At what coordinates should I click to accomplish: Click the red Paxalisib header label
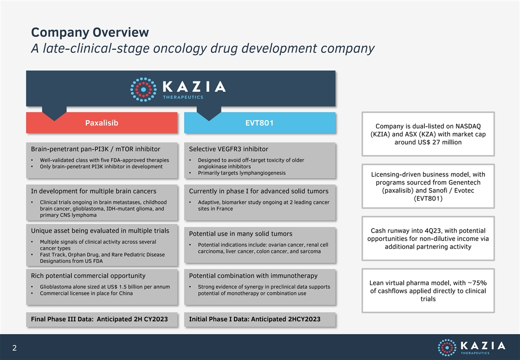click(x=101, y=123)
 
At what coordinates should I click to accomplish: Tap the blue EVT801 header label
click(x=259, y=123)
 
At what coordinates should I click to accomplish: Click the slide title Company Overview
click(x=90, y=32)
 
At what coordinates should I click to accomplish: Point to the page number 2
click(x=14, y=347)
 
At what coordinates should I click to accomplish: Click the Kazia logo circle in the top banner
click(x=143, y=89)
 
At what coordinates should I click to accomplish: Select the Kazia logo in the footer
click(x=471, y=347)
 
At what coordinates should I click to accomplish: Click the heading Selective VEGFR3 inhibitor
click(x=228, y=149)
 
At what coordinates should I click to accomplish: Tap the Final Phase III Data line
click(x=99, y=319)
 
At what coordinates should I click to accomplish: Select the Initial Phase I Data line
click(x=254, y=319)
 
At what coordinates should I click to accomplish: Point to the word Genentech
click(x=464, y=182)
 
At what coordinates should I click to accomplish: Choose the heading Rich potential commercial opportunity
click(x=88, y=276)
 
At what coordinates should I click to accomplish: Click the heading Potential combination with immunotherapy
click(x=253, y=276)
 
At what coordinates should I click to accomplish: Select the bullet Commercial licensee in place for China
click(x=86, y=293)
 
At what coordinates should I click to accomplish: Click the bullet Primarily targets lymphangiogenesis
click(x=242, y=173)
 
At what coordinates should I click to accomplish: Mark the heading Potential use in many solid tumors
click(x=240, y=233)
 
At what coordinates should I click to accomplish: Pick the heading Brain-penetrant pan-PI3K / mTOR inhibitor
click(x=95, y=149)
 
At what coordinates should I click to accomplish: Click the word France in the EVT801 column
click(x=224, y=209)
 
